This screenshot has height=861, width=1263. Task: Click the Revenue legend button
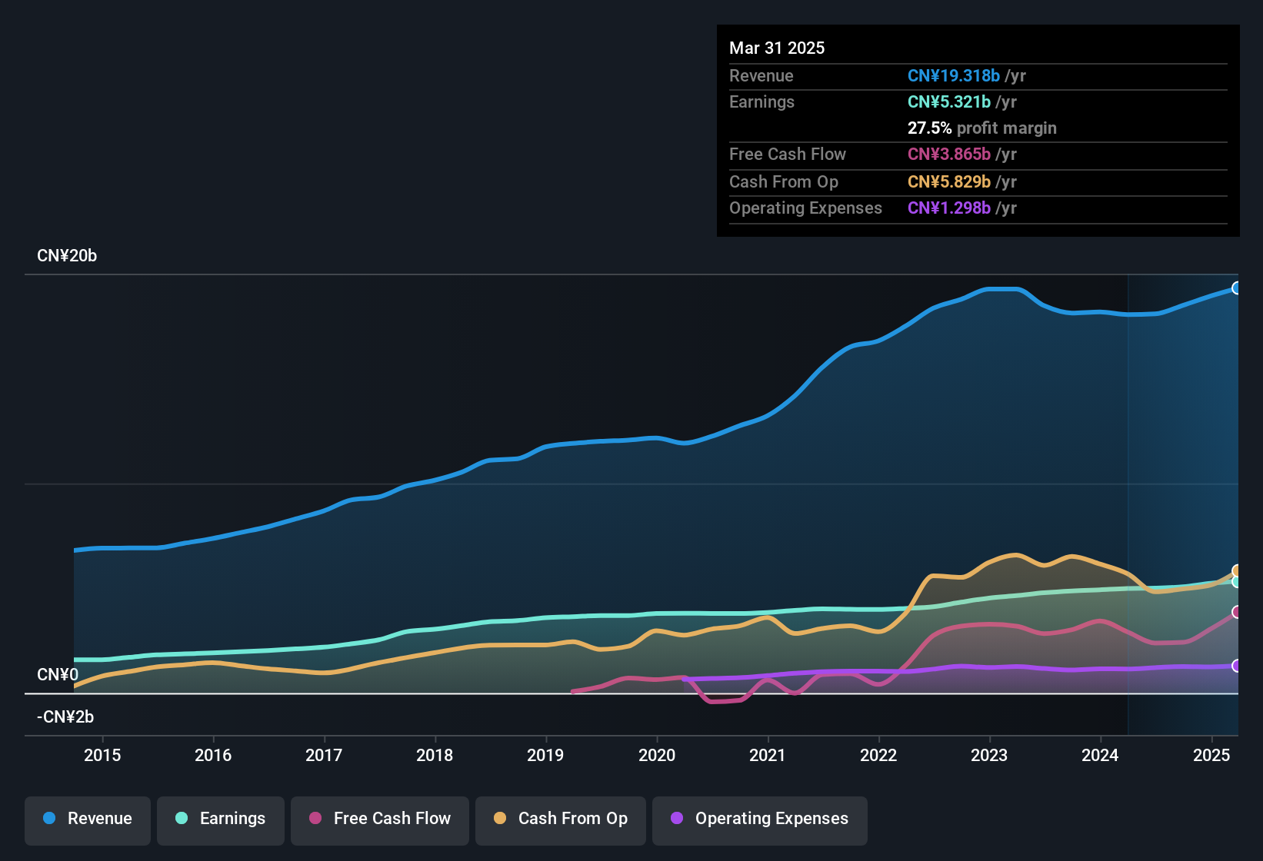pos(88,819)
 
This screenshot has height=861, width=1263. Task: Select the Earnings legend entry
pos(221,819)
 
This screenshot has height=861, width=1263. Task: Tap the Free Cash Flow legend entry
pos(380,819)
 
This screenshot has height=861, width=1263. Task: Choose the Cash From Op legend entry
pos(561,819)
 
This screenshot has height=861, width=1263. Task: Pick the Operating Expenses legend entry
pos(760,819)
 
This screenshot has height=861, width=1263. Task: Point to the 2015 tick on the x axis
pos(102,755)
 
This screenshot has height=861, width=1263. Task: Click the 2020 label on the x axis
pos(657,755)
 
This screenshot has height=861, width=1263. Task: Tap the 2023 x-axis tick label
pos(989,755)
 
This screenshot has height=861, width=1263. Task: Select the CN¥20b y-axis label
pos(67,256)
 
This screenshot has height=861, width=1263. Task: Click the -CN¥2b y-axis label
pos(65,717)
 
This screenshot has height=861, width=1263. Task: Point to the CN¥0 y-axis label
pos(58,675)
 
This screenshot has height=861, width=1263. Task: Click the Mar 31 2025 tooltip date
pos(777,48)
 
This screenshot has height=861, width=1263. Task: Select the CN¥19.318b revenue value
pos(954,76)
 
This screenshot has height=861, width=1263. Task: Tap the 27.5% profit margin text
pos(981,128)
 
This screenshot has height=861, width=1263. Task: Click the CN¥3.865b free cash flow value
pos(949,155)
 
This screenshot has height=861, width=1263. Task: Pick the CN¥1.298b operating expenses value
pos(949,208)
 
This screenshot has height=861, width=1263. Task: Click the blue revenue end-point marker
pos(1236,288)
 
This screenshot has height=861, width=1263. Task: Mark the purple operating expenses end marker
pos(1236,666)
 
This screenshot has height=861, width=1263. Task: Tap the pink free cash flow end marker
pos(1236,612)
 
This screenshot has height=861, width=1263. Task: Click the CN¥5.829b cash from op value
pos(949,182)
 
